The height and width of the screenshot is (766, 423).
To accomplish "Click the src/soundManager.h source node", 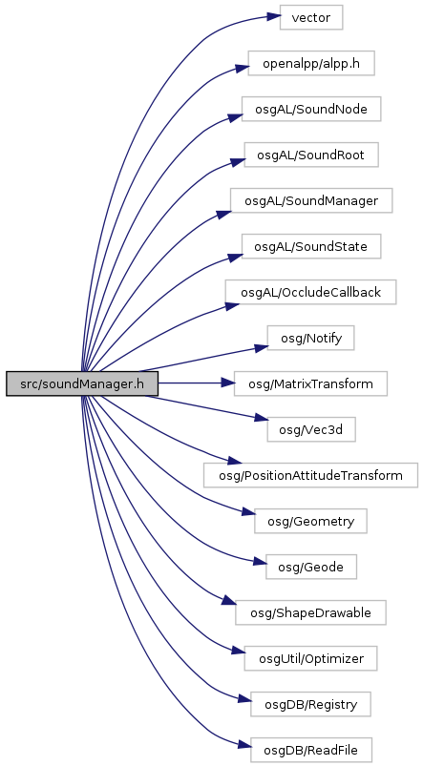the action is point(82,383).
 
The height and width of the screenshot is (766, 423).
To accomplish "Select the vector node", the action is point(311,17).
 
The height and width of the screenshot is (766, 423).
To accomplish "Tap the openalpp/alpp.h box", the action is point(311,63).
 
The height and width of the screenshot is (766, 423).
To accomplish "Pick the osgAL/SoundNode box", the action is point(311,109).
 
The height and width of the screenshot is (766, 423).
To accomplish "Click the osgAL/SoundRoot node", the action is point(311,155).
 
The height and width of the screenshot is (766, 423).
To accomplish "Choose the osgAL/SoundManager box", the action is point(311,200).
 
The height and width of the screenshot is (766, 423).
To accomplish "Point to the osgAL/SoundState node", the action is point(311,246).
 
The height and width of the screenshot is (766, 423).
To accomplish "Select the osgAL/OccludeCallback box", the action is point(311,292).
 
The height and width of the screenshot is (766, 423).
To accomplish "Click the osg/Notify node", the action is point(311,338).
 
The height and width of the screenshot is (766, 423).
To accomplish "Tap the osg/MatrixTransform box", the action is point(311,383).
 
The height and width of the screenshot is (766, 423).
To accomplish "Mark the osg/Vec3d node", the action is point(311,429).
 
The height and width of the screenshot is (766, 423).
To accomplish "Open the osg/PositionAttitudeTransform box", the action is point(311,475).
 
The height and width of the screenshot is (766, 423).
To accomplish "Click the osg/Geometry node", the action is point(311,521).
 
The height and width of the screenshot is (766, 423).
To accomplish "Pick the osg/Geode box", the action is point(311,567).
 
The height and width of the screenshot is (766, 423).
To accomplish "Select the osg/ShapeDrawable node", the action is point(311,612).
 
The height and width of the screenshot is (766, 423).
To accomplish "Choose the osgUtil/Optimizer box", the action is point(311,658).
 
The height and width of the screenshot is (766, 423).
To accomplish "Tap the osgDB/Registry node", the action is point(311,704).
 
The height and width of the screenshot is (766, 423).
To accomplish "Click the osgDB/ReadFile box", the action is point(311,750).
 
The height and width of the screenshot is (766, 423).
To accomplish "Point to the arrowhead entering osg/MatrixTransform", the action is point(227,383).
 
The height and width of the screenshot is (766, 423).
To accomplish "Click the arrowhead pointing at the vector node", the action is point(273,17).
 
